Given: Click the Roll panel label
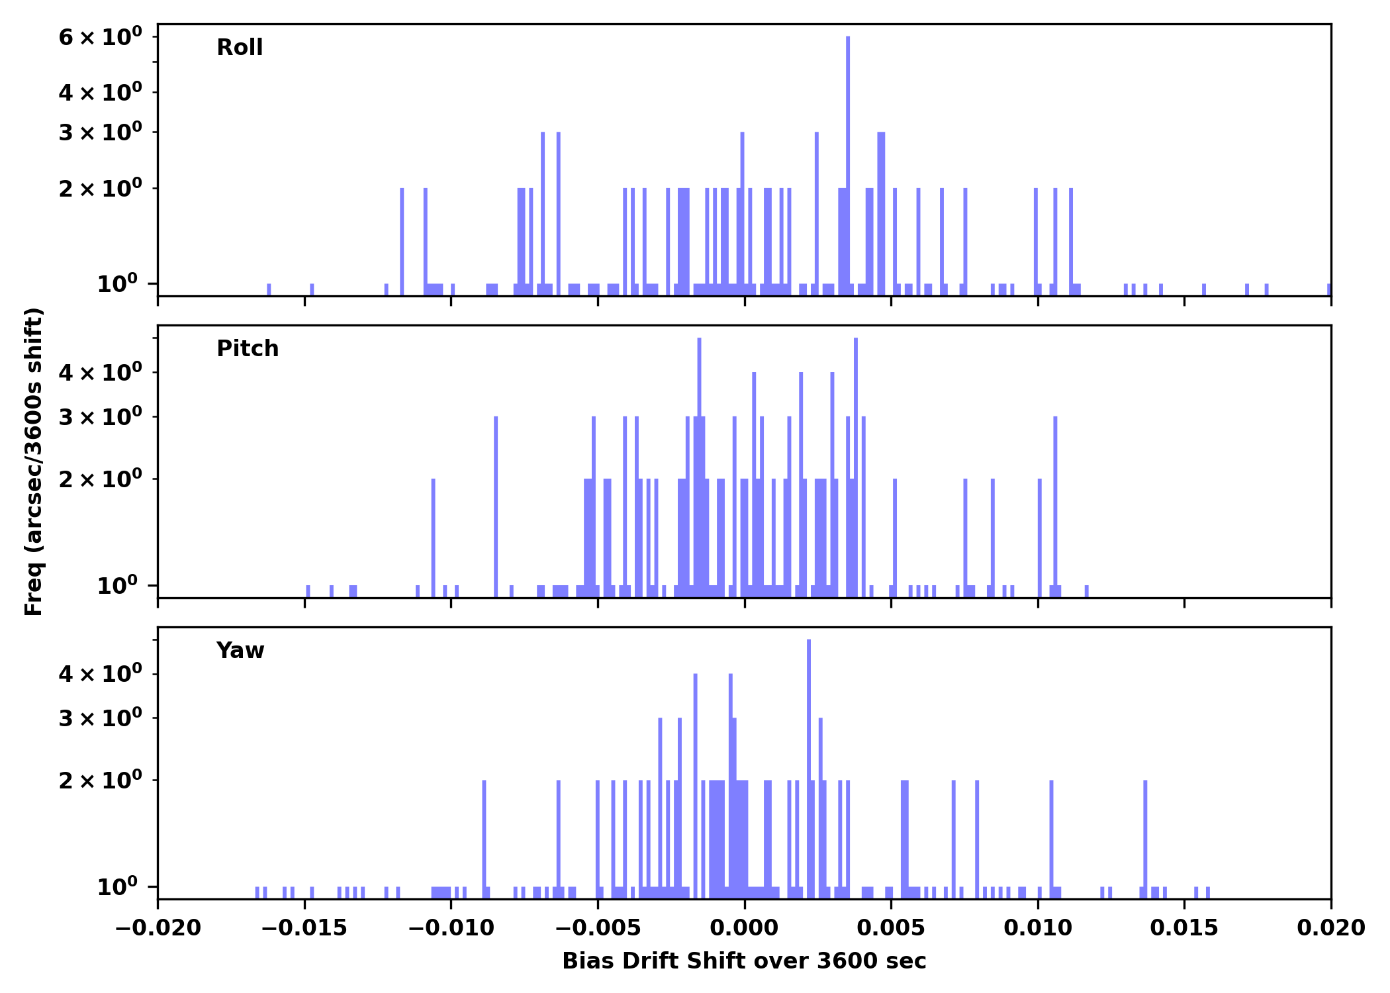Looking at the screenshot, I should coord(240,48).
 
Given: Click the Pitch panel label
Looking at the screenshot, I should coord(248,349).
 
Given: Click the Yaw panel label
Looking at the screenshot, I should coord(240,651).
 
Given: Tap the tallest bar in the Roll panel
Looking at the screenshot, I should coord(848,165).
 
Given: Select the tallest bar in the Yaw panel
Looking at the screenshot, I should coord(809,768).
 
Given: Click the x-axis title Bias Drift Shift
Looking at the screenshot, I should coord(744,961).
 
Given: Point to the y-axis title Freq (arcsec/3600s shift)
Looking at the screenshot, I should coord(34,461).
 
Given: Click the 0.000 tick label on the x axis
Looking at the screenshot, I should coord(744,928).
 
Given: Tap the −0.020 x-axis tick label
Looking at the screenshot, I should coord(158,928).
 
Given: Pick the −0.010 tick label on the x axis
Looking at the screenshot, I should coord(451,928).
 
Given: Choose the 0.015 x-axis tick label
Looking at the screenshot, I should coord(1183,928).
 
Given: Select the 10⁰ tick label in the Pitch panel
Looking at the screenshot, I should coord(117,586).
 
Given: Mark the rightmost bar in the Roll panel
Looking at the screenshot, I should coord(1328,290).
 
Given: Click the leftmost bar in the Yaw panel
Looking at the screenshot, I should coord(257,892).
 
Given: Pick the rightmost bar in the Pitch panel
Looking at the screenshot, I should coord(1086,591).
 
